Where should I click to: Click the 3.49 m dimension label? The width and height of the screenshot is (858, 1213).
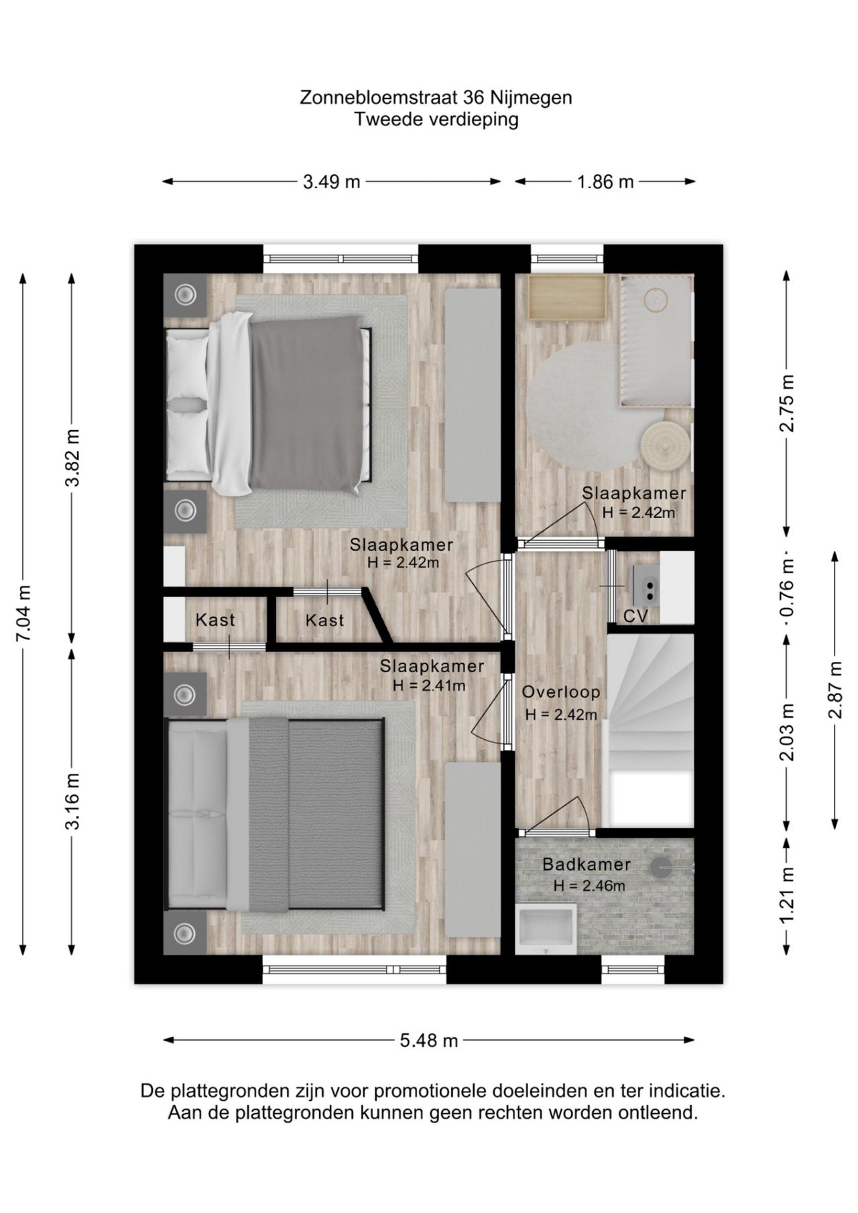click(331, 182)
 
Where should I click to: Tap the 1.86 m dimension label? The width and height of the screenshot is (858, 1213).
click(605, 182)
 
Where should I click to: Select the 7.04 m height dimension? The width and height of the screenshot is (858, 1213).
click(23, 613)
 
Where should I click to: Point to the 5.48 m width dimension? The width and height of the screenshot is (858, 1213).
click(429, 1040)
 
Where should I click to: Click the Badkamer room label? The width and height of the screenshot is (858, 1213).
click(587, 865)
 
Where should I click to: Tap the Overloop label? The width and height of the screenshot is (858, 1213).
click(561, 692)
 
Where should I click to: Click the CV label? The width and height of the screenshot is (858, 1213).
click(635, 616)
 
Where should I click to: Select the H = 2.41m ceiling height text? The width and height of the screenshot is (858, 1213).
click(429, 686)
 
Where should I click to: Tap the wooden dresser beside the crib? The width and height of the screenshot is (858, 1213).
click(566, 296)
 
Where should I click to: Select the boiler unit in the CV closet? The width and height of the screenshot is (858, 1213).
click(646, 584)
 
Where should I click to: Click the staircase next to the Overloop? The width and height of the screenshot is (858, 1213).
click(650, 730)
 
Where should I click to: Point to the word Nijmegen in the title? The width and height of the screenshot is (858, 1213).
click(531, 98)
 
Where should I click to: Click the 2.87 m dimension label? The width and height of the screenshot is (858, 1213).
click(835, 690)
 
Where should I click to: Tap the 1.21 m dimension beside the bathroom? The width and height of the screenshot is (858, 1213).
click(787, 893)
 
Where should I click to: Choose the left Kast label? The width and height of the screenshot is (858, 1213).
click(215, 620)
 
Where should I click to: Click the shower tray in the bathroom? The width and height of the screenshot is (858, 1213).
click(546, 928)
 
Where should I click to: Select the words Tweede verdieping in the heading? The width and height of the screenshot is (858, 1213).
click(436, 120)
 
